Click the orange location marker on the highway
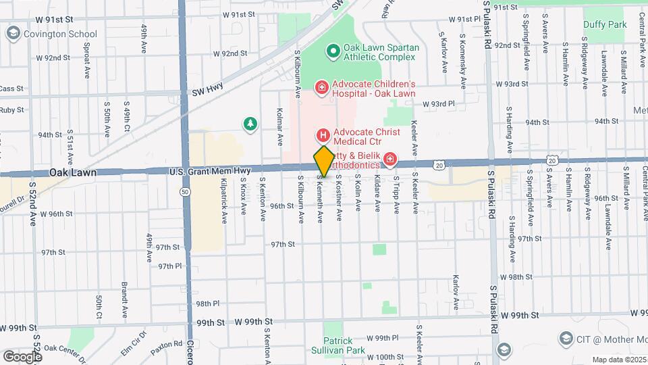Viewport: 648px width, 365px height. click(323, 162)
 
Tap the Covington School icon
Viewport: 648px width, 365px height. click(12, 33)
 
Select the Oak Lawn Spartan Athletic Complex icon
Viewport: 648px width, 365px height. click(331, 51)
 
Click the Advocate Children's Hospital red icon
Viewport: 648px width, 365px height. click(322, 87)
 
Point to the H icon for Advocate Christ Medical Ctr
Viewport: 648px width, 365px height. click(322, 136)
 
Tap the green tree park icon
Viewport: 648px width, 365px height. click(250, 123)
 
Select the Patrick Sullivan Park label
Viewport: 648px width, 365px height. click(338, 345)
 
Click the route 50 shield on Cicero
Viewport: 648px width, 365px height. click(184, 192)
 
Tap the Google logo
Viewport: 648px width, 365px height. click(22, 356)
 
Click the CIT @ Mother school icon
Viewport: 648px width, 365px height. click(566, 337)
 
